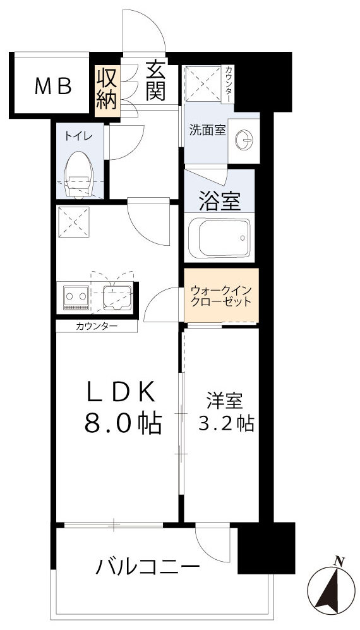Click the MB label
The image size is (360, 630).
(x=52, y=87)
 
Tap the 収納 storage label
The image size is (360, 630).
(x=107, y=88)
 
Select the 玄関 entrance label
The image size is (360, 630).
(x=155, y=81)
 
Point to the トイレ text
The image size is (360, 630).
(x=78, y=135)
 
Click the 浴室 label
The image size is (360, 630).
(x=220, y=201)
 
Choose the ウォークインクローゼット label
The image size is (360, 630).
(x=221, y=296)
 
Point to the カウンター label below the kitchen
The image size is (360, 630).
(x=96, y=327)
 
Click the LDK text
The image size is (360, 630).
(x=121, y=393)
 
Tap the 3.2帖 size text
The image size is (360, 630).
(x=225, y=424)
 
